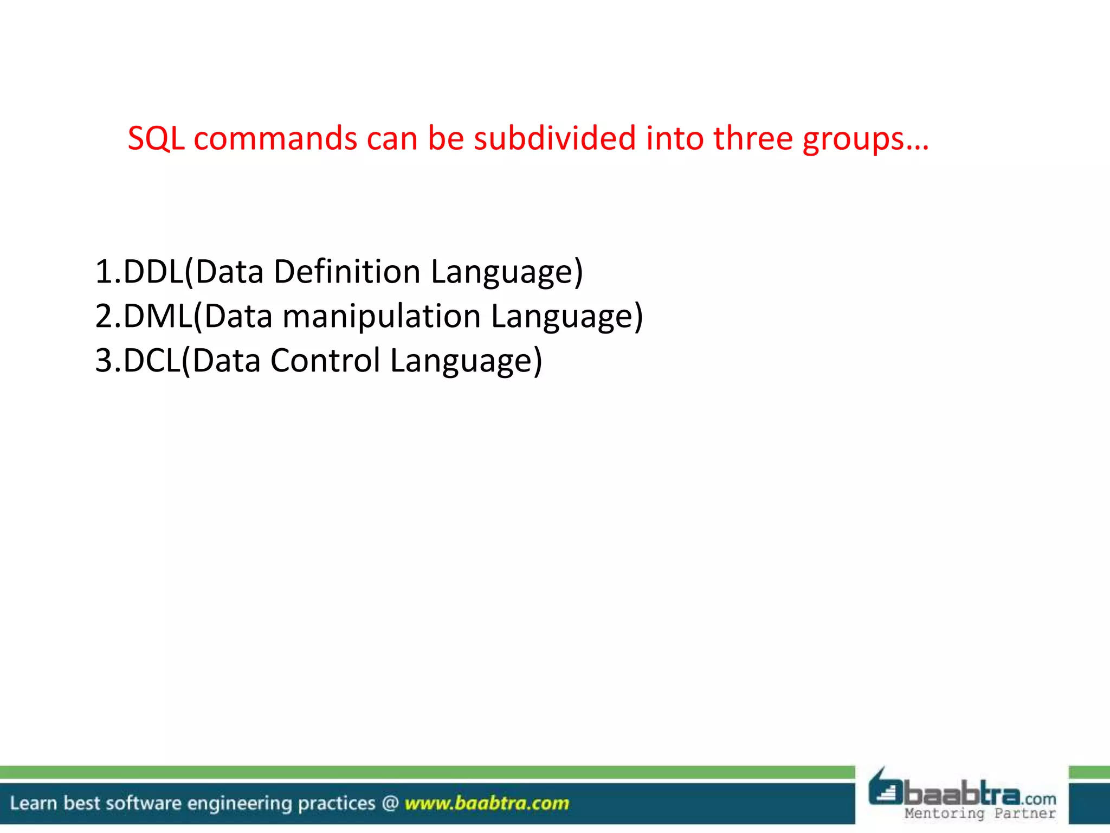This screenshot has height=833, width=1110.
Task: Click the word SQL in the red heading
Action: (156, 139)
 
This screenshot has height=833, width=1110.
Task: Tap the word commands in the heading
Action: (275, 139)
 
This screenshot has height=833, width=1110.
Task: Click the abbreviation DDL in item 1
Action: (154, 272)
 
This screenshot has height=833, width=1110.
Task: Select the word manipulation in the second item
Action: (382, 317)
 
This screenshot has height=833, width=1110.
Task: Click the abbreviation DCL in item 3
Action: (152, 361)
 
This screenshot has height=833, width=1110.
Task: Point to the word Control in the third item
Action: (325, 361)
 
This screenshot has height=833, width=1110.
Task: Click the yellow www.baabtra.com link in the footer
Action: (487, 803)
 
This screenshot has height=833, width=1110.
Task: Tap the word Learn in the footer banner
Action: (33, 803)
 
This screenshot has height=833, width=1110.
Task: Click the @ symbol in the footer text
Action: (390, 803)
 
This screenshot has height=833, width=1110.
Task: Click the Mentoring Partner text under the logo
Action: (980, 813)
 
